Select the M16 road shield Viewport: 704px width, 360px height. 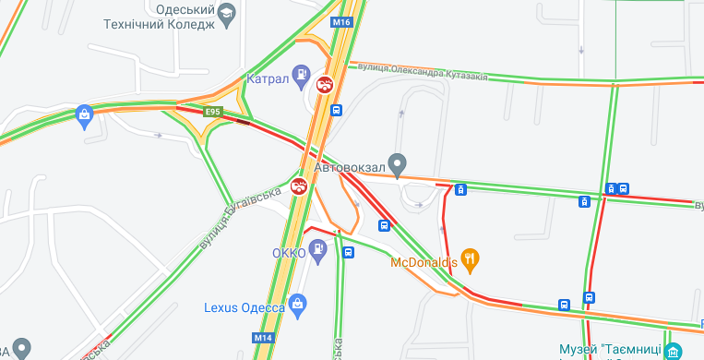[x=342, y=21]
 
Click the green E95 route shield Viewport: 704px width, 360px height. [x=213, y=112]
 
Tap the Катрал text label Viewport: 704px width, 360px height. [x=268, y=79]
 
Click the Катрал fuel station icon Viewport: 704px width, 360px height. [x=301, y=74]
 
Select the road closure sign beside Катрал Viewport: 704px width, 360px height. [x=325, y=85]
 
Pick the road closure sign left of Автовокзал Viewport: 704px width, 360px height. [x=300, y=186]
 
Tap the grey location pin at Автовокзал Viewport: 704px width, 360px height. [x=398, y=164]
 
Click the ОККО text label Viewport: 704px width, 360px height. [x=288, y=253]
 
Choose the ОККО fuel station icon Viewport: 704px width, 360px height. [x=318, y=248]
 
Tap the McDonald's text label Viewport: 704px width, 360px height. [x=424, y=262]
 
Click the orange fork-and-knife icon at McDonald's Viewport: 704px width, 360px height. [x=471, y=260]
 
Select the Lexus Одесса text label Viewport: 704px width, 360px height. [x=245, y=307]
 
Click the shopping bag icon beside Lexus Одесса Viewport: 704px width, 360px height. [x=297, y=303]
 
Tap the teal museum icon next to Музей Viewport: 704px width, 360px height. [x=674, y=351]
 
